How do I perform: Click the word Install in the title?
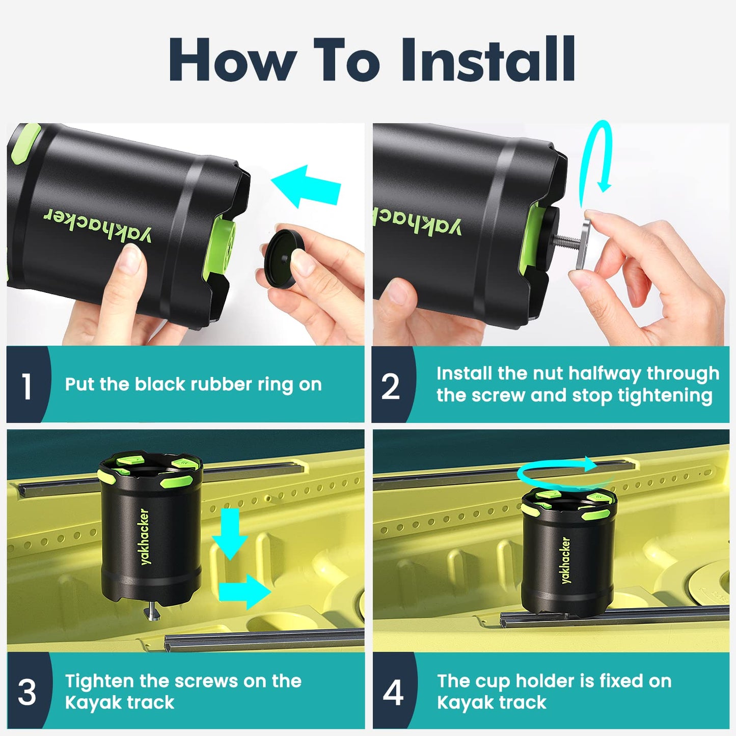point(488,60)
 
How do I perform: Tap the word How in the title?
point(232,60)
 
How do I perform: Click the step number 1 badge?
point(27,386)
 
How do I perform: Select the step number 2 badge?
point(391,386)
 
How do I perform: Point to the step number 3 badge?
point(27,692)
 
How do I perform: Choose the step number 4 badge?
point(393,692)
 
